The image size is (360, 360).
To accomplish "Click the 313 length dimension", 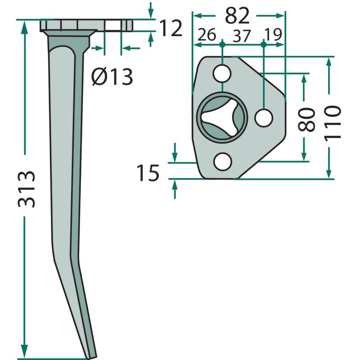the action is pyautogui.click(x=27, y=189).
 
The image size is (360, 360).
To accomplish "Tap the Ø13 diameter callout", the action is pyautogui.click(x=112, y=76).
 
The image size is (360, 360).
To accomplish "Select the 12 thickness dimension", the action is pyautogui.click(x=171, y=28).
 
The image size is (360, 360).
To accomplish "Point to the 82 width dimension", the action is pyautogui.click(x=237, y=16).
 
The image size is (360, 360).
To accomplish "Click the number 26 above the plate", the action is pyautogui.click(x=207, y=35).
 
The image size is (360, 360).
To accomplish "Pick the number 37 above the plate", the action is pyautogui.click(x=241, y=36).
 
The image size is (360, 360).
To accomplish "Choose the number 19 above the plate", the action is pyautogui.click(x=273, y=35).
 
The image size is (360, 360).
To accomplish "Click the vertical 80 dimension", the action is pyautogui.click(x=306, y=119).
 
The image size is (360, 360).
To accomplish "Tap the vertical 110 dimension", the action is pyautogui.click(x=332, y=122).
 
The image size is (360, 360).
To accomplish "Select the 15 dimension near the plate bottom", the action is pyautogui.click(x=148, y=173).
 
